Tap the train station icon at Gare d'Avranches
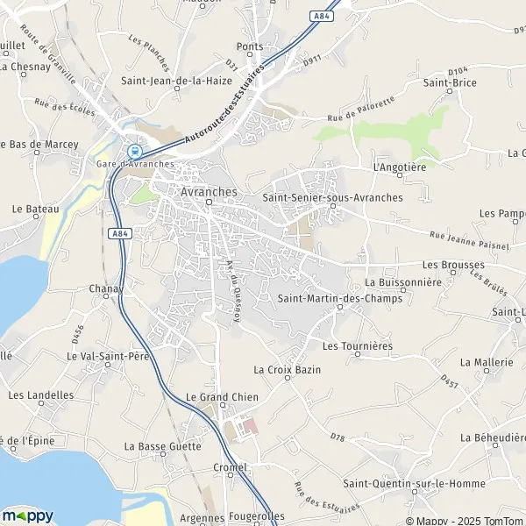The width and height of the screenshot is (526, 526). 133,150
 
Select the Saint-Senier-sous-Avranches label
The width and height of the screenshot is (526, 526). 333,198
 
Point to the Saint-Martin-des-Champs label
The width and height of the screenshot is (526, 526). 339,298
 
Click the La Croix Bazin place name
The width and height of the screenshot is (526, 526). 287,370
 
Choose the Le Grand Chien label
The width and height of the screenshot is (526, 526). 222,397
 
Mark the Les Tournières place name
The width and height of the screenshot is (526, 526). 358,346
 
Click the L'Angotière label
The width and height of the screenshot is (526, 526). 398,166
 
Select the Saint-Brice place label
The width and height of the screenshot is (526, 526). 444,83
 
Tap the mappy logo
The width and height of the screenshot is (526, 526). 28,515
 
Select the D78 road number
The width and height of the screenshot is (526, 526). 338,437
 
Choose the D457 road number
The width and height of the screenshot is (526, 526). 451,380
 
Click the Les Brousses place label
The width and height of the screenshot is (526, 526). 452,264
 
